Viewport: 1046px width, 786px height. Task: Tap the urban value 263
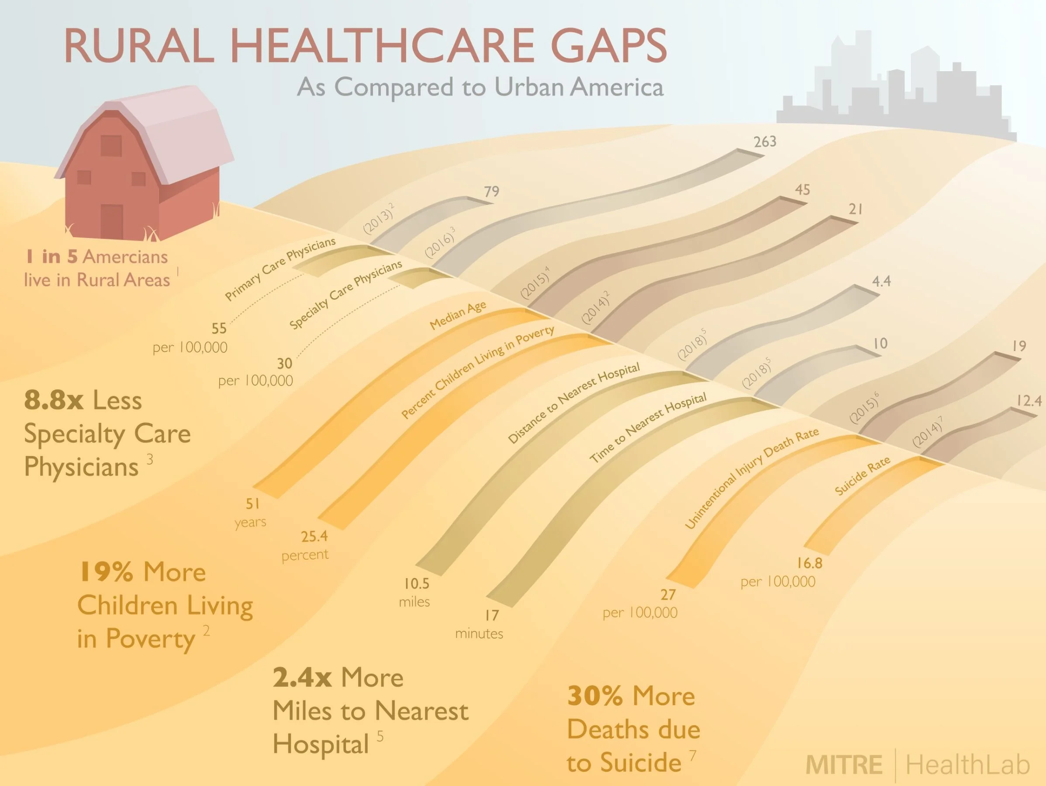click(765, 141)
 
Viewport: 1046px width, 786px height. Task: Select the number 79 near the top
click(491, 191)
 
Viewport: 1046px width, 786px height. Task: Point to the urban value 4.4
click(881, 281)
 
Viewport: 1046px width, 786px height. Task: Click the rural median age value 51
click(252, 503)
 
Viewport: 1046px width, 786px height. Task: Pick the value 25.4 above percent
click(314, 536)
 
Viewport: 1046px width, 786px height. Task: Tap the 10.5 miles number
click(417, 583)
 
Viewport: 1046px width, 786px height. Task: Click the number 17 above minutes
click(492, 615)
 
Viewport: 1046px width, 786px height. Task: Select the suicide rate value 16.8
click(810, 563)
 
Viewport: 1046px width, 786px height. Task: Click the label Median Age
click(458, 315)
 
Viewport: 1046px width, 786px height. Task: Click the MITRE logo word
click(844, 765)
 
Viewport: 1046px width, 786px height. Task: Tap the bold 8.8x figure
click(53, 400)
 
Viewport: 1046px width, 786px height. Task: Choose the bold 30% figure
click(595, 696)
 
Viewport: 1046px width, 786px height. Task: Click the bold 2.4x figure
click(302, 677)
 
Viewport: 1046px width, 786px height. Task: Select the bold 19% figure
click(106, 572)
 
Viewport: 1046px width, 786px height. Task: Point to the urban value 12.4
click(1029, 401)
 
